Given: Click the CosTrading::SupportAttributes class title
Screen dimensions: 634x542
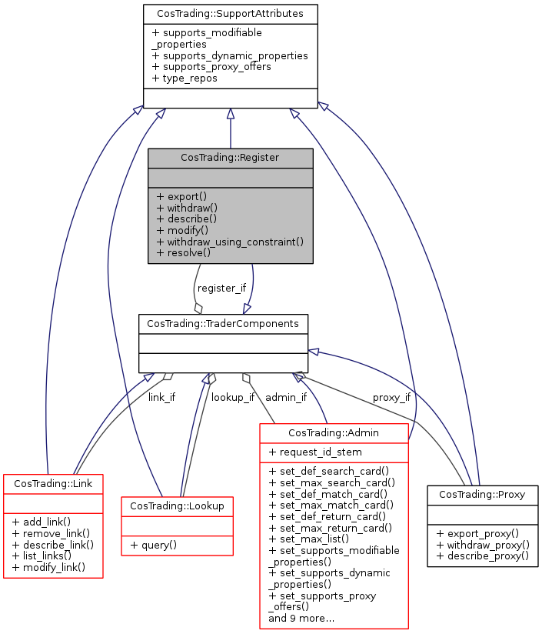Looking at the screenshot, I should click(x=230, y=14).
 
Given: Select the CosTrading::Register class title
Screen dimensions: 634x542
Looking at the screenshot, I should click(x=230, y=158).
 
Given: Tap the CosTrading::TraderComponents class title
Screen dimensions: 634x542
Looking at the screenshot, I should click(x=223, y=323).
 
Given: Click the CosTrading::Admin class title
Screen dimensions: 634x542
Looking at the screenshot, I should click(x=334, y=434).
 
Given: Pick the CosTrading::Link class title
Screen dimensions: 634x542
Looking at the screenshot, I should click(x=53, y=484).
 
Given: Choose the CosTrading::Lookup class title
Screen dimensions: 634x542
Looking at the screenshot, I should click(x=177, y=506).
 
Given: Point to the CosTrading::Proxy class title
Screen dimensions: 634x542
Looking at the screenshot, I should click(x=482, y=495).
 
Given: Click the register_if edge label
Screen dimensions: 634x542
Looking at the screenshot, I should click(x=221, y=289).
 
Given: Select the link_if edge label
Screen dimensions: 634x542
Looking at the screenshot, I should click(x=161, y=397).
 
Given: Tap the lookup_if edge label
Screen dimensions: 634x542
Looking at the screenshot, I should click(x=233, y=397).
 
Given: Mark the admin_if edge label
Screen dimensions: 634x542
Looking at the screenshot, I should click(x=286, y=397).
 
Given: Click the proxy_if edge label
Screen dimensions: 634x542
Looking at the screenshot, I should click(x=391, y=397).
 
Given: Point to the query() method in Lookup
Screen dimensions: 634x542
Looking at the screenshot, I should click(x=154, y=545).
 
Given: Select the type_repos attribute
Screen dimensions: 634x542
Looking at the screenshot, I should click(x=185, y=78).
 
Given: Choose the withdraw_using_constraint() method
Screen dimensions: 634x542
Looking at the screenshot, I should click(x=230, y=241).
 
